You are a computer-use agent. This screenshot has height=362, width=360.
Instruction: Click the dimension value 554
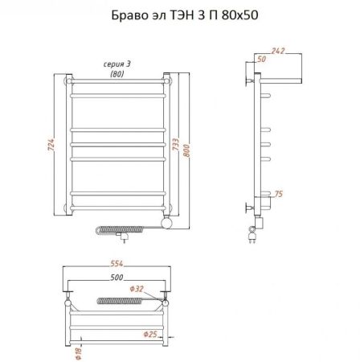click(117, 267)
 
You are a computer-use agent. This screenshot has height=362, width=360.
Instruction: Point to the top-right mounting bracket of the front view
click(167, 80)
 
